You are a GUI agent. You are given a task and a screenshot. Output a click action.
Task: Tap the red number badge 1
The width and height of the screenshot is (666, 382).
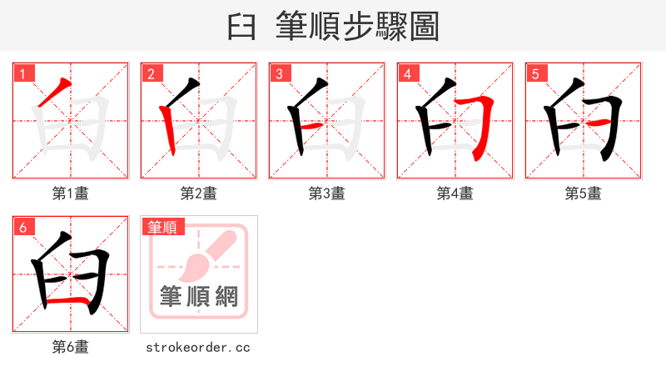(x=23, y=74)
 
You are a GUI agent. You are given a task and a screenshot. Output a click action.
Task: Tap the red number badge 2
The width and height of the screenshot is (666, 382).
(x=152, y=74)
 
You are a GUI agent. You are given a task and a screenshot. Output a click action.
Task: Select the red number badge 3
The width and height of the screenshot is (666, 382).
(x=280, y=74)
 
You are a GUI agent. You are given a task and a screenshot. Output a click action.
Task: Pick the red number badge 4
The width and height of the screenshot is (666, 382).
(x=408, y=74)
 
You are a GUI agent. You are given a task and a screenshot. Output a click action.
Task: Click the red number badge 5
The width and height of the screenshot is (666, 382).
(x=536, y=74)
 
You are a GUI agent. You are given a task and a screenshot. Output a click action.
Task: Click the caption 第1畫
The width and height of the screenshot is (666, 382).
(x=71, y=194)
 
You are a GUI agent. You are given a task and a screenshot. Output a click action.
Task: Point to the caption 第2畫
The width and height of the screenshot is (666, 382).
(x=199, y=194)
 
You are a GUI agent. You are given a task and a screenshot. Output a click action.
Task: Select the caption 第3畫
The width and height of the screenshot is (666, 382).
(x=327, y=194)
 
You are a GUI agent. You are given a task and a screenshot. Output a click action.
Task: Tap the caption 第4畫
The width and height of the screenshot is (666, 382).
(x=455, y=194)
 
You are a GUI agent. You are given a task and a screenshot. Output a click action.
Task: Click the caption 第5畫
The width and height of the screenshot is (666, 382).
(x=584, y=194)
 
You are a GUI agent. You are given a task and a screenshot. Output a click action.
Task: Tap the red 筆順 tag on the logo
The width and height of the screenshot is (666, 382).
(x=163, y=227)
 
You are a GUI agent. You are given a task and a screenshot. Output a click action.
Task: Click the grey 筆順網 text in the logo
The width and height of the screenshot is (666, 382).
(x=199, y=297)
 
